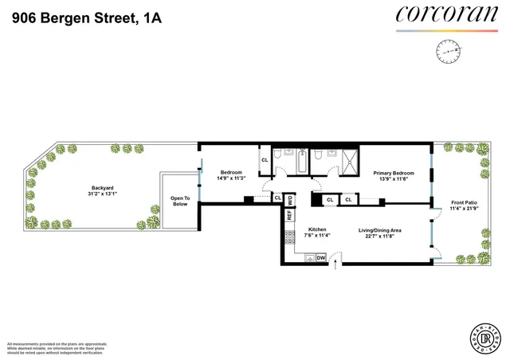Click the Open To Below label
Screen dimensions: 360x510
pyautogui.click(x=182, y=202)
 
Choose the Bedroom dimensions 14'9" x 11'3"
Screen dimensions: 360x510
pyautogui.click(x=232, y=178)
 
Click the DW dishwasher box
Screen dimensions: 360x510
pyautogui.click(x=320, y=258)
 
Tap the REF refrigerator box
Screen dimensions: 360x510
pyautogui.click(x=290, y=214)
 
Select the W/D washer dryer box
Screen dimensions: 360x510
pyautogui.click(x=290, y=199)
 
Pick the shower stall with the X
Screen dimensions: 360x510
pyautogui.click(x=347, y=162)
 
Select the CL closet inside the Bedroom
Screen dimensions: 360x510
pyautogui.click(x=265, y=159)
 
